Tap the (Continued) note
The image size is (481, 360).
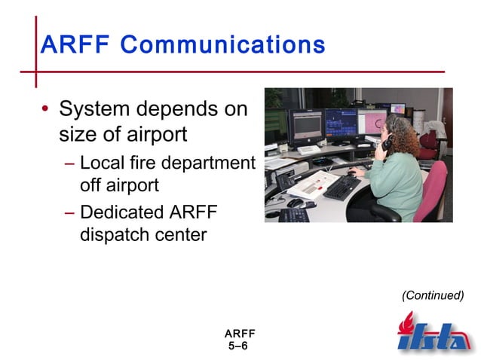[x=433, y=295]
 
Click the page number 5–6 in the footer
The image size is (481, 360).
[x=237, y=345]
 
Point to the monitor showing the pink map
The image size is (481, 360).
[x=372, y=121]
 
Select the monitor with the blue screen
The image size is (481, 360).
[x=340, y=123]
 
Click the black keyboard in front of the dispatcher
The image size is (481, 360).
[x=342, y=187]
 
